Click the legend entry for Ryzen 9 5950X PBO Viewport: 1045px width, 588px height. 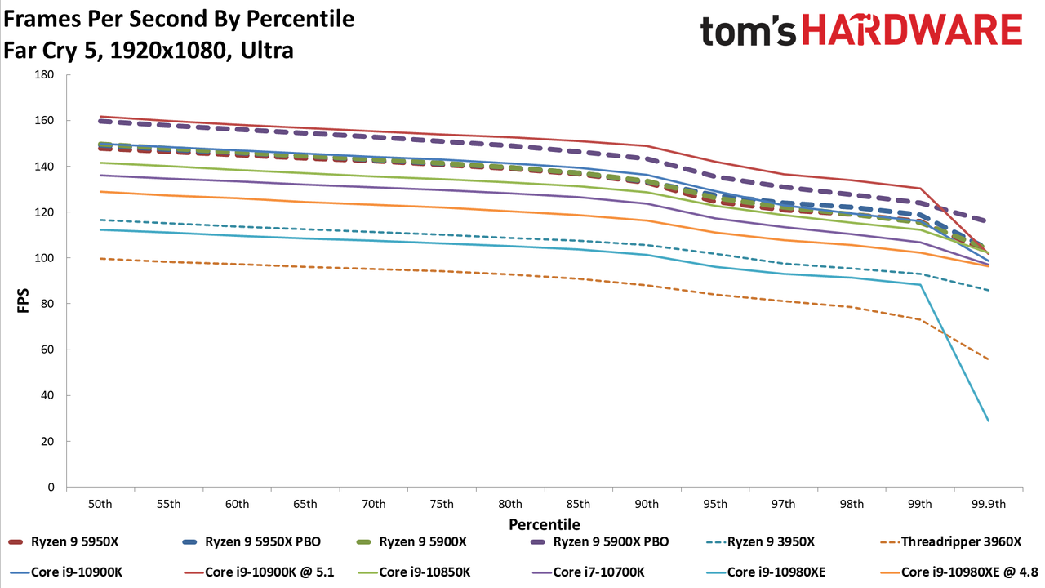point(251,541)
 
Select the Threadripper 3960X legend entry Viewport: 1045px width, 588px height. point(950,541)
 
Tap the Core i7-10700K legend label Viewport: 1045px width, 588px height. point(589,572)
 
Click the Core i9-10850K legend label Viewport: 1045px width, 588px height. point(414,572)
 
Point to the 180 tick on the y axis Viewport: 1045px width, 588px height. point(44,74)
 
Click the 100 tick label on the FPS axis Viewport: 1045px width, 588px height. point(44,258)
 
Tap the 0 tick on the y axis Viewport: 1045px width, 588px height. point(51,488)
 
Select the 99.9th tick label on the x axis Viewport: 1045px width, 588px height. point(989,505)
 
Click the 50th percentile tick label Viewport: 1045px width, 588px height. point(100,505)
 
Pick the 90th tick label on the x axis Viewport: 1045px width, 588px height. point(647,505)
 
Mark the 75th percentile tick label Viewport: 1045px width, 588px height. point(442,505)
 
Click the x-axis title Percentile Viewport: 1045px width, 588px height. point(545,524)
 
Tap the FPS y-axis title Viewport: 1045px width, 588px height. point(23,301)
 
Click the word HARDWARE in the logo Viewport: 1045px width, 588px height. point(913,30)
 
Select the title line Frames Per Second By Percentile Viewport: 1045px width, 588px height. point(179,19)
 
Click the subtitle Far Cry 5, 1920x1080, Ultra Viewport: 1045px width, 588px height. point(149,51)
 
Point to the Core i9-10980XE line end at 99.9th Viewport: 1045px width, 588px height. point(988,421)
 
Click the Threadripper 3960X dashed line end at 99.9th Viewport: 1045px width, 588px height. point(988,359)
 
